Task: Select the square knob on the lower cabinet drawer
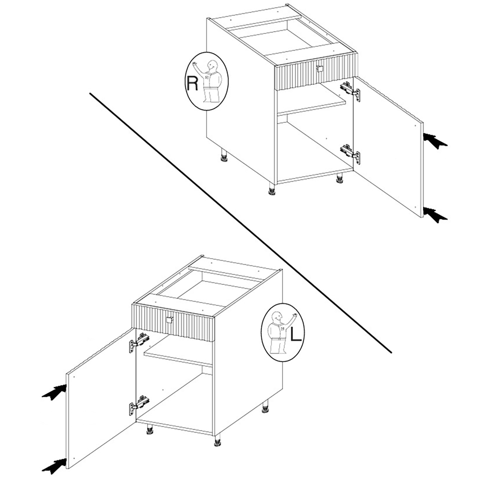[x=170, y=320]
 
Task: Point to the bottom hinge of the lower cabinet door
[x=139, y=404]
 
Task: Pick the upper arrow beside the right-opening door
[x=435, y=141]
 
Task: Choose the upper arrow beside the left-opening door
[x=54, y=392]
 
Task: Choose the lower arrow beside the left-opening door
[x=54, y=466]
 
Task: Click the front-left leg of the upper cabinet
[x=271, y=189]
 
